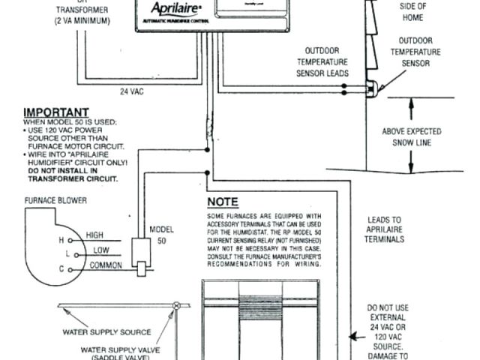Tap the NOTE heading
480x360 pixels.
click(223, 202)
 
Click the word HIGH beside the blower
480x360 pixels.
click(95, 235)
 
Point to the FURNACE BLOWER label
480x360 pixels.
click(55, 201)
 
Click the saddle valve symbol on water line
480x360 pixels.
click(177, 306)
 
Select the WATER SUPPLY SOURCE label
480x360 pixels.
click(117, 331)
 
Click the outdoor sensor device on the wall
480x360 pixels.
click(370, 88)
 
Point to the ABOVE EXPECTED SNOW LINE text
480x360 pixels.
click(412, 136)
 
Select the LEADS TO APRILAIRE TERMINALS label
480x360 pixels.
click(383, 229)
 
